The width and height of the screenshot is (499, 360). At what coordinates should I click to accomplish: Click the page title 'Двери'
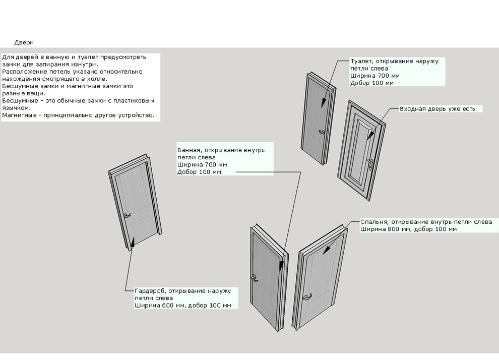[24, 42]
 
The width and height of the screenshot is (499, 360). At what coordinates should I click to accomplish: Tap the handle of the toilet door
[322, 133]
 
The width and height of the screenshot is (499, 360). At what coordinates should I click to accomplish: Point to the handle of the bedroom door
[306, 298]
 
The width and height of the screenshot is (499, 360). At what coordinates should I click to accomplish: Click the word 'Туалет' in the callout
[361, 61]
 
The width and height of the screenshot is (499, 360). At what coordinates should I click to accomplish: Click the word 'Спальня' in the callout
[373, 222]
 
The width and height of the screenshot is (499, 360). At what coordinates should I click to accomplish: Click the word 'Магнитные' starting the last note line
[17, 115]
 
